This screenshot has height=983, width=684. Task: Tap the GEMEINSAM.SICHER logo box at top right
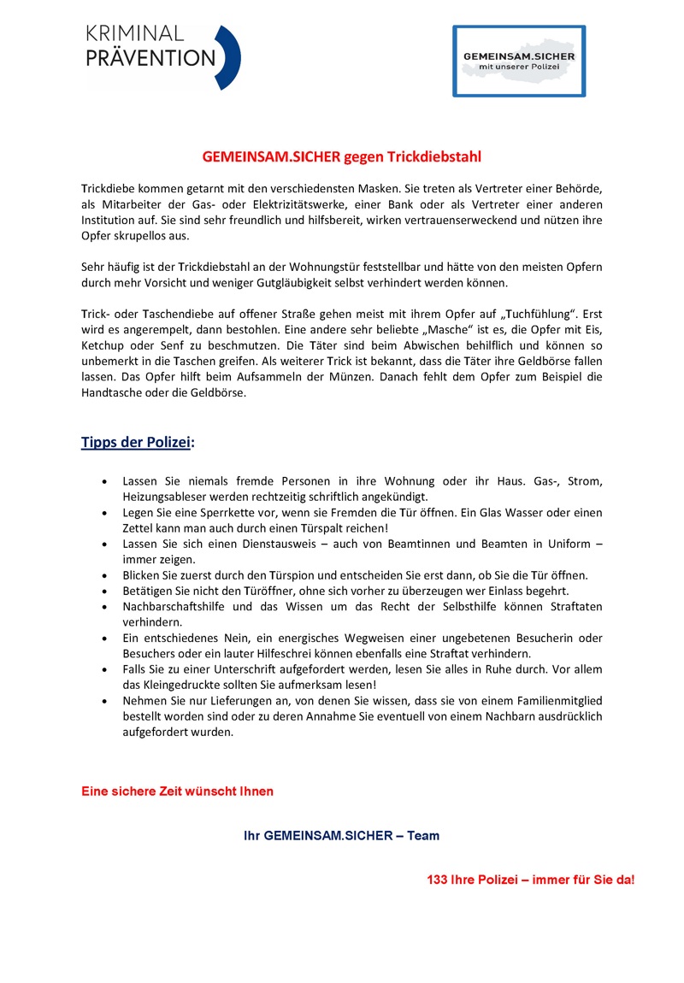(x=519, y=61)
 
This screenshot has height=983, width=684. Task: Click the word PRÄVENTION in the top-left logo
(x=150, y=58)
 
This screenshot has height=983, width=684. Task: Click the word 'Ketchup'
(x=105, y=346)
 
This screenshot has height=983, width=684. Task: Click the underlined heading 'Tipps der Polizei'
(x=136, y=442)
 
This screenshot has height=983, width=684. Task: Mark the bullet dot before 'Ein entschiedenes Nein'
(x=104, y=639)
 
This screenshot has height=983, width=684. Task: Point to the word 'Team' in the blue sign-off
(x=423, y=835)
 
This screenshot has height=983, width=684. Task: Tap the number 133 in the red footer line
(x=438, y=880)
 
